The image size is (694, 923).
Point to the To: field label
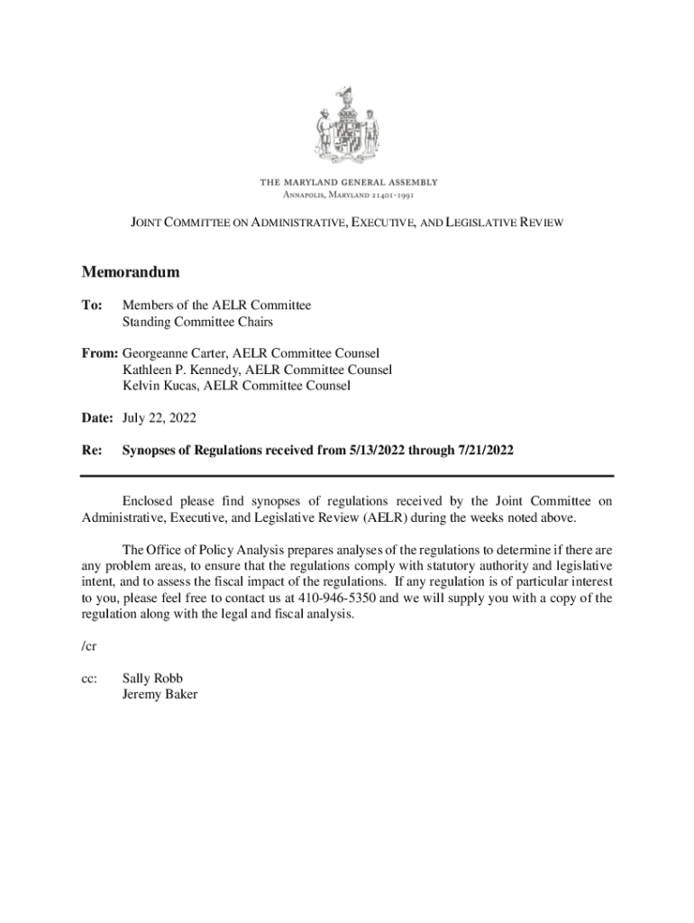click(92, 306)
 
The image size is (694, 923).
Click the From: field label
click(99, 353)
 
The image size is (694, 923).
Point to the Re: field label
click(91, 450)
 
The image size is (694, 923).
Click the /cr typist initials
click(88, 646)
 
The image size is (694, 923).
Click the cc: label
click(89, 678)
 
